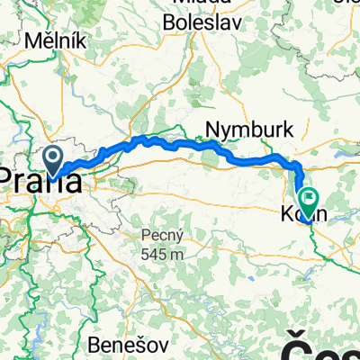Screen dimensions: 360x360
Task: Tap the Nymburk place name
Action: coord(249,129)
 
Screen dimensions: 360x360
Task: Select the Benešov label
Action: coord(121,344)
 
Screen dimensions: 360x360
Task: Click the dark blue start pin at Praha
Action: coord(55,162)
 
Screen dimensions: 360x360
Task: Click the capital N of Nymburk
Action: coord(212,129)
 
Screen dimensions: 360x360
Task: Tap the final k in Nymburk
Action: coord(288,129)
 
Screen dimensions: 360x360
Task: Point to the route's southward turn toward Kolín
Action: coord(296,166)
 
